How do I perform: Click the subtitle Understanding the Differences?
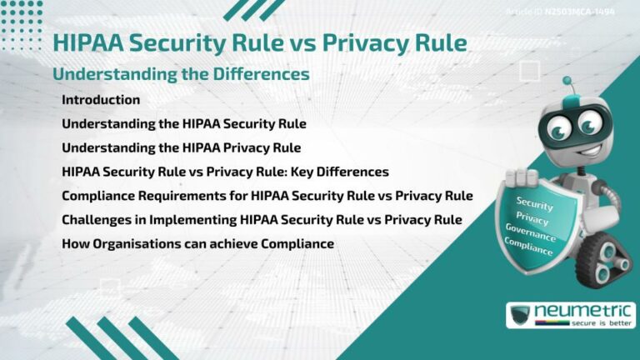(181, 74)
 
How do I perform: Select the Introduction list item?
(101, 100)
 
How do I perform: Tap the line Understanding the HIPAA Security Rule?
(184, 124)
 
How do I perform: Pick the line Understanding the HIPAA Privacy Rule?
(181, 148)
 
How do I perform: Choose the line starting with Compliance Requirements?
(267, 196)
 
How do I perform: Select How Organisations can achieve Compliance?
(197, 244)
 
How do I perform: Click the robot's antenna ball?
(567, 82)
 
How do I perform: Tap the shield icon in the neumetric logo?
(520, 316)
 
